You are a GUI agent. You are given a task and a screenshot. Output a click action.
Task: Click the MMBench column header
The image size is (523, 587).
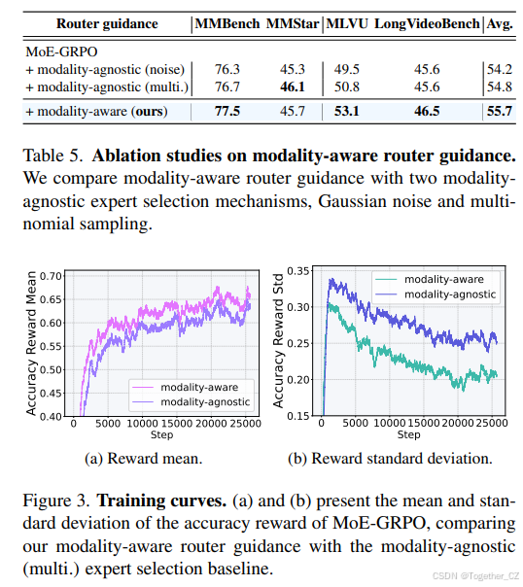click(x=227, y=23)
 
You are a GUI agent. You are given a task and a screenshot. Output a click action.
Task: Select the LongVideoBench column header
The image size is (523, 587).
click(x=427, y=23)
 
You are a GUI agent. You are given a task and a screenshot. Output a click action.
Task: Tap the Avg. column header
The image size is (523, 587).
click(x=500, y=24)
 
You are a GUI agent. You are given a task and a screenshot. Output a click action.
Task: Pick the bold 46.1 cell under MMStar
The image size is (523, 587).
click(x=293, y=86)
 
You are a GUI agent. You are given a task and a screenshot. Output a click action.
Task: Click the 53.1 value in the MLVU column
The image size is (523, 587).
click(x=347, y=111)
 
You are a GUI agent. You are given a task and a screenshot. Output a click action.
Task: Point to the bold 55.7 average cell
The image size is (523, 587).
click(x=500, y=111)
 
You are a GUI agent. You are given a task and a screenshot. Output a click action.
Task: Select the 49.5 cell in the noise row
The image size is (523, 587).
click(x=347, y=69)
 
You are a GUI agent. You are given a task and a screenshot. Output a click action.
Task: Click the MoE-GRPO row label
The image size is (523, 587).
click(x=61, y=52)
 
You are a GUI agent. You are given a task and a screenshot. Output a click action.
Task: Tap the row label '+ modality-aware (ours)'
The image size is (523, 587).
click(x=96, y=112)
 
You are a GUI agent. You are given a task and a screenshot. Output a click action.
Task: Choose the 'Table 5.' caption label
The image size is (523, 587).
click(x=52, y=155)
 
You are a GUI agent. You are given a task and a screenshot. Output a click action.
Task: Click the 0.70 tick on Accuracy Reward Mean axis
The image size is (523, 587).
click(x=51, y=276)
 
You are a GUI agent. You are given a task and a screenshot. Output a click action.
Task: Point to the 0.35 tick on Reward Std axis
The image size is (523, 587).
click(x=298, y=271)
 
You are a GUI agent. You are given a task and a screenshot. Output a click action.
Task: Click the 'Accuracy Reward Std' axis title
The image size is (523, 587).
click(x=278, y=341)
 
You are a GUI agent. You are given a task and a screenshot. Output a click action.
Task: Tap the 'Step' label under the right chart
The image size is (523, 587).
click(x=408, y=435)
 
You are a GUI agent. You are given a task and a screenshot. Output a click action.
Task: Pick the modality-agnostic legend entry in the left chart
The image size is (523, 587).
click(x=191, y=402)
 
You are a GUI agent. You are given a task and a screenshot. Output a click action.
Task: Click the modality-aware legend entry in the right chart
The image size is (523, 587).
click(x=429, y=279)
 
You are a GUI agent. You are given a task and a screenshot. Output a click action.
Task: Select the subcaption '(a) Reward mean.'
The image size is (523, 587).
click(x=143, y=459)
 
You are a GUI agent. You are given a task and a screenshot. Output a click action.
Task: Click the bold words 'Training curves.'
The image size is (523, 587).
click(x=161, y=501)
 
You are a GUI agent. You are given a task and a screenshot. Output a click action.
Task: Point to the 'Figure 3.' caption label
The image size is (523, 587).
click(x=56, y=501)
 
